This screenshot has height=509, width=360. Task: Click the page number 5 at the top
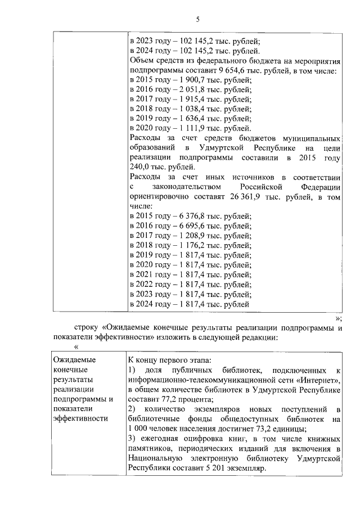(197, 21)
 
